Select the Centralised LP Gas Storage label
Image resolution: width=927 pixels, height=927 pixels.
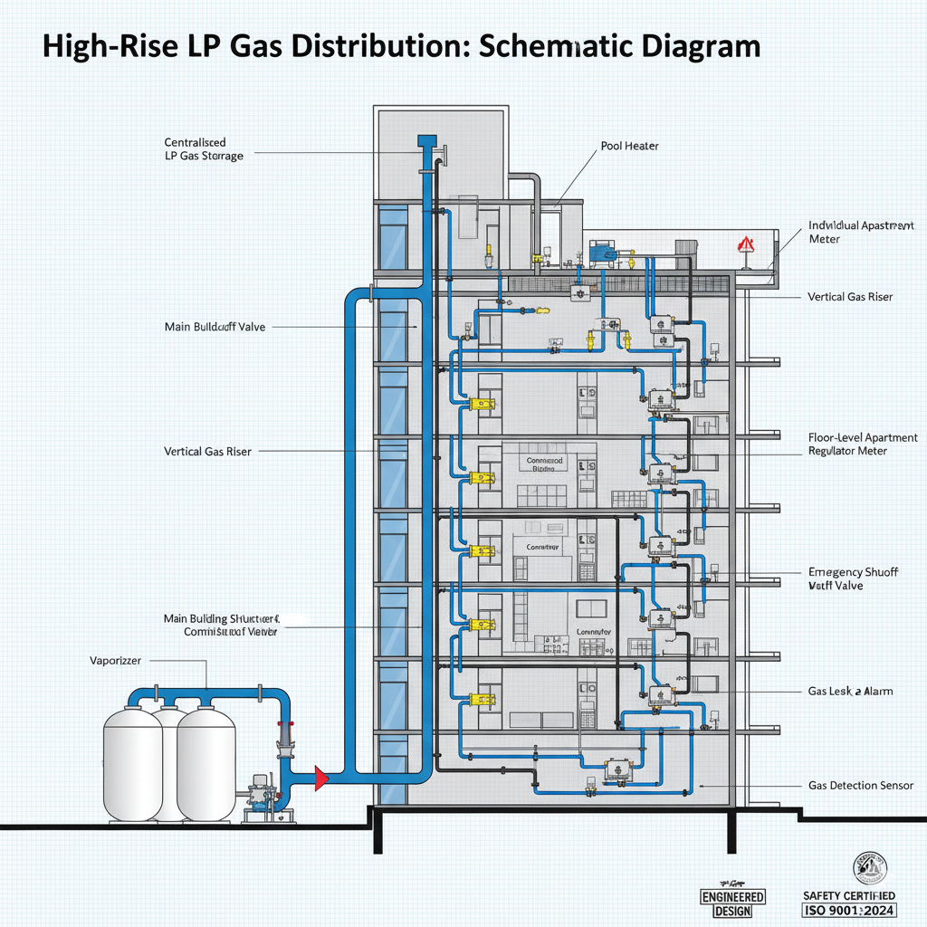coord(203,149)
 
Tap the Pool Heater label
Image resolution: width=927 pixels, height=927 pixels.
coord(629,146)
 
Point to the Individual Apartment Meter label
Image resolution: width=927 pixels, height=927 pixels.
coord(861,232)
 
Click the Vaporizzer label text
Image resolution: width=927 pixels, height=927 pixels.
coord(115,661)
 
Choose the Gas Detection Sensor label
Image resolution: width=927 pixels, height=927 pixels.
coord(860,786)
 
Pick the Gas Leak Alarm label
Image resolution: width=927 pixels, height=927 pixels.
coord(850,691)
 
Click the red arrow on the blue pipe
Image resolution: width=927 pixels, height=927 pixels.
coord(320,777)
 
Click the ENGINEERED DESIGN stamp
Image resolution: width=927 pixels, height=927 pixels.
coord(733,903)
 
